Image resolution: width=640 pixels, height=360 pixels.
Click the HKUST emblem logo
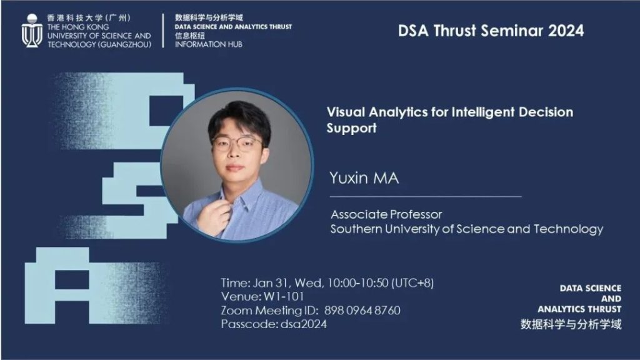click(x=32, y=31)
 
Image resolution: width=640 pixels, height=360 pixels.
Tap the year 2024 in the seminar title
click(x=566, y=31)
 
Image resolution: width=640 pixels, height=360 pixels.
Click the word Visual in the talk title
click(x=346, y=112)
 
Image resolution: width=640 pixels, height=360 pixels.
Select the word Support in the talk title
click(x=351, y=129)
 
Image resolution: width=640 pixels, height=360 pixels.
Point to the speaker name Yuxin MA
click(x=364, y=178)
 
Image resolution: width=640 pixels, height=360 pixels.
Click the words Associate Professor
click(x=386, y=214)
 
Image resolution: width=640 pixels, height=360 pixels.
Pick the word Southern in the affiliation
click(x=356, y=229)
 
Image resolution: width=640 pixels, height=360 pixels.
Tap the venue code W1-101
click(x=284, y=297)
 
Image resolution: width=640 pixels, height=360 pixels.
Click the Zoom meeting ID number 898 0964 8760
click(x=362, y=311)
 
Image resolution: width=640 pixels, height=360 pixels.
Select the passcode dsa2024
click(x=304, y=324)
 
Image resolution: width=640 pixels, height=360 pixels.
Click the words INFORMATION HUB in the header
click(x=209, y=44)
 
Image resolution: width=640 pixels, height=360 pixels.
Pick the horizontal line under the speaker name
click(x=426, y=197)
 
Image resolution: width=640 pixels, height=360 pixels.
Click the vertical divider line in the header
click(x=163, y=31)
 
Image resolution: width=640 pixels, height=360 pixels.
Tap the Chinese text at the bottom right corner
click(x=571, y=324)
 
